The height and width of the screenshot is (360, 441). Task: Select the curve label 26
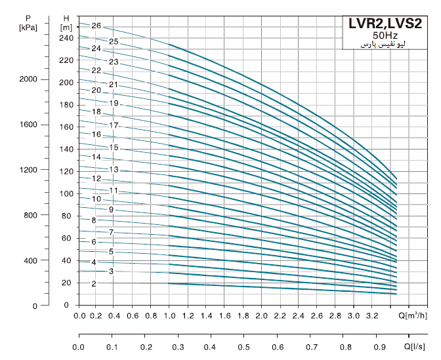tap(96, 26)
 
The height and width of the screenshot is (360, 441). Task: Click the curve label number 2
tap(94, 283)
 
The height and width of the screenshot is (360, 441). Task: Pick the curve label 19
tap(114, 103)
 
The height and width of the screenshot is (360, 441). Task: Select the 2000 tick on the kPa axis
tap(28, 79)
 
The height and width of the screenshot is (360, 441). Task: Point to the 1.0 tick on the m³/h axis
tap(170, 316)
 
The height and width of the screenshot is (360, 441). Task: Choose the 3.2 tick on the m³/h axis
tap(370, 316)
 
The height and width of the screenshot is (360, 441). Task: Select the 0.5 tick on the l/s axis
tap(243, 346)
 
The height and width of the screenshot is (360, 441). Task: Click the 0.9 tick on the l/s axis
tap(379, 346)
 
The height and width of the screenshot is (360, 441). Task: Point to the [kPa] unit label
tap(28, 27)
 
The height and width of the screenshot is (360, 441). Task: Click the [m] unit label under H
tap(66, 27)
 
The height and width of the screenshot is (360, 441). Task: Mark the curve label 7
tap(112, 232)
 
